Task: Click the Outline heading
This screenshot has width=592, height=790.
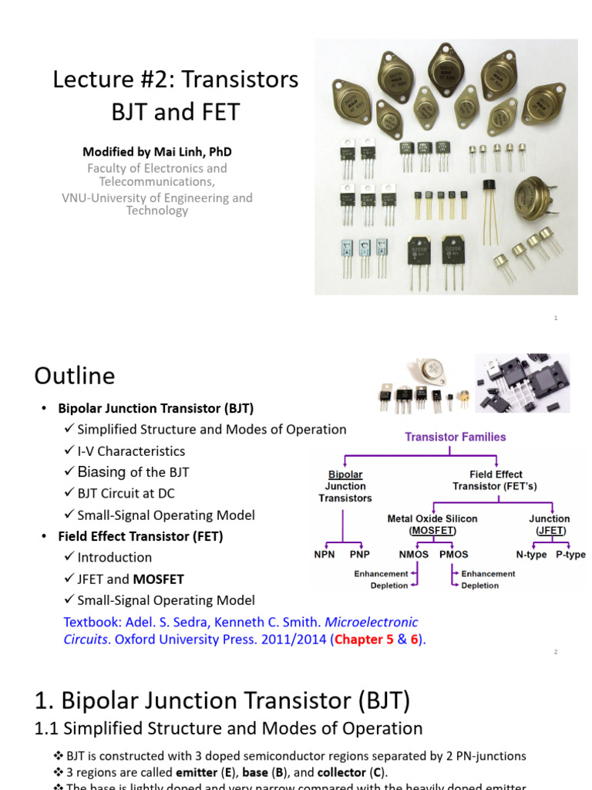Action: tap(75, 376)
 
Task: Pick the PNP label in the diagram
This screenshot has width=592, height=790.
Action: tap(360, 554)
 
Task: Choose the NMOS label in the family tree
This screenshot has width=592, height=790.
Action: tap(413, 554)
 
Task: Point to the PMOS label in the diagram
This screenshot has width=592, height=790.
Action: tap(453, 554)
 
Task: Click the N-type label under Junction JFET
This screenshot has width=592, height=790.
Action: tap(531, 554)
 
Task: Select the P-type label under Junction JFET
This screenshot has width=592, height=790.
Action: tap(570, 554)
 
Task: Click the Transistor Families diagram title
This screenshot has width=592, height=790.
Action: tap(456, 437)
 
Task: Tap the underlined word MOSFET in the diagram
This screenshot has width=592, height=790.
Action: tap(432, 531)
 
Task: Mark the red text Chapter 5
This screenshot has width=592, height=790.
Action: tap(362, 639)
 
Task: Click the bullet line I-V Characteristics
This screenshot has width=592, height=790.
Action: tap(131, 451)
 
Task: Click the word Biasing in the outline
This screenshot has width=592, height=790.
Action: tap(102, 471)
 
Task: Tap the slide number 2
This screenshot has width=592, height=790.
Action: tap(555, 652)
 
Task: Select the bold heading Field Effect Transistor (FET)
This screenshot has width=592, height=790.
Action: tap(140, 536)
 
